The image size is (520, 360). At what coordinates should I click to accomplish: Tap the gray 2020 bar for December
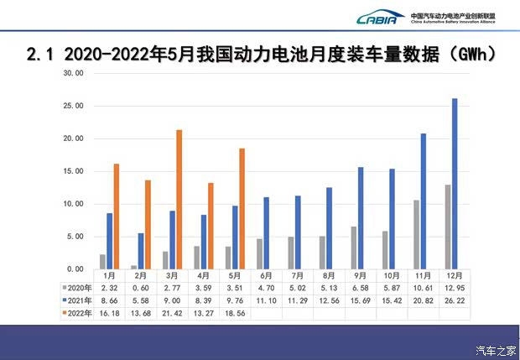point(447,227)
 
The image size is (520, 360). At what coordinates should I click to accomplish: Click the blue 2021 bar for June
point(266,232)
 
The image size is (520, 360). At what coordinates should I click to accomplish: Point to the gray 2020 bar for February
point(133,267)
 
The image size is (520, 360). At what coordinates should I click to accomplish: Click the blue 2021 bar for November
point(424,201)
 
